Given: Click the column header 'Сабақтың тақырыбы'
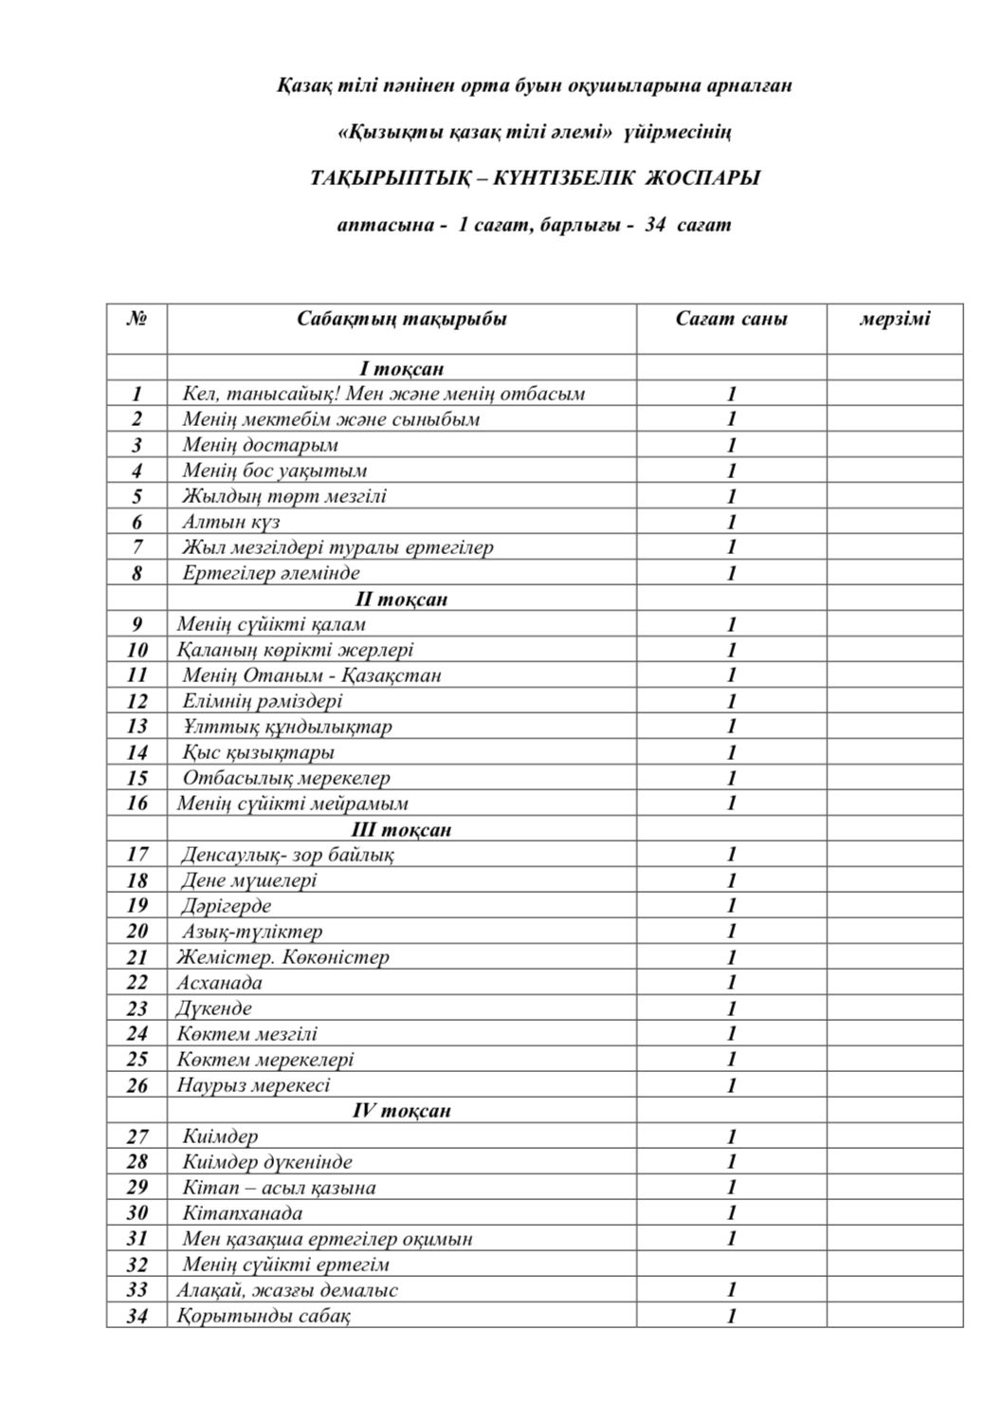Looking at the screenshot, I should coord(401,319).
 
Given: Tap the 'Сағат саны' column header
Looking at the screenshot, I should coord(731,319).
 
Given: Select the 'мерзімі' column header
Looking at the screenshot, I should coord(894,319).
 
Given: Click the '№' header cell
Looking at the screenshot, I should coord(137,319).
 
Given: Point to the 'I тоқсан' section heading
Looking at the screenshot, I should coord(401,368).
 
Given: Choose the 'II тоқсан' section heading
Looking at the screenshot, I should coord(401,599).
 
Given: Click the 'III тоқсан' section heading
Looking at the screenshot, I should coord(401,829).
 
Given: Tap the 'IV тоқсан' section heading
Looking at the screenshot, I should coord(401,1110).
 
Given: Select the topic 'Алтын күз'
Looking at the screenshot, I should coord(231,522).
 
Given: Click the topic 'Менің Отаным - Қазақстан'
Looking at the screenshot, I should coord(312,675).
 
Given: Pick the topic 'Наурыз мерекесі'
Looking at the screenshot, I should coord(253,1085).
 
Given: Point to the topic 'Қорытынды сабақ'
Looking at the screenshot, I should coord(264,1316).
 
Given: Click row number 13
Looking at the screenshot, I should coord(137,727).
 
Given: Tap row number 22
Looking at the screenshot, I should coord(137,983).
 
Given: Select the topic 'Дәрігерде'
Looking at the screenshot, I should coord(227,906).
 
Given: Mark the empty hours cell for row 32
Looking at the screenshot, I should coord(731,1265).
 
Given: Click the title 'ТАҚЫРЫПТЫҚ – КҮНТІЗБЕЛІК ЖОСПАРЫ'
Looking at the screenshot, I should coord(535,178).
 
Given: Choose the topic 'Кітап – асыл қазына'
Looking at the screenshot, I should coord(279,1188).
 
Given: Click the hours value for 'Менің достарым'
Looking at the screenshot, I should coord(731,445).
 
